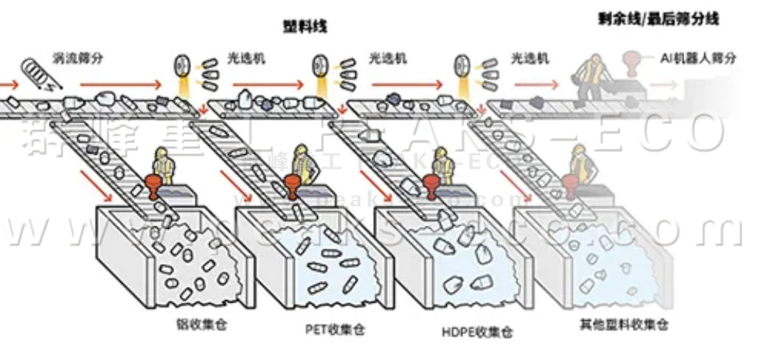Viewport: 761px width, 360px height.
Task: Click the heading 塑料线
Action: tap(305, 27)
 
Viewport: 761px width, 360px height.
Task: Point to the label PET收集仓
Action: tap(335, 329)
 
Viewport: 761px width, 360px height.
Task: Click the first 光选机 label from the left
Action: tap(246, 57)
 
